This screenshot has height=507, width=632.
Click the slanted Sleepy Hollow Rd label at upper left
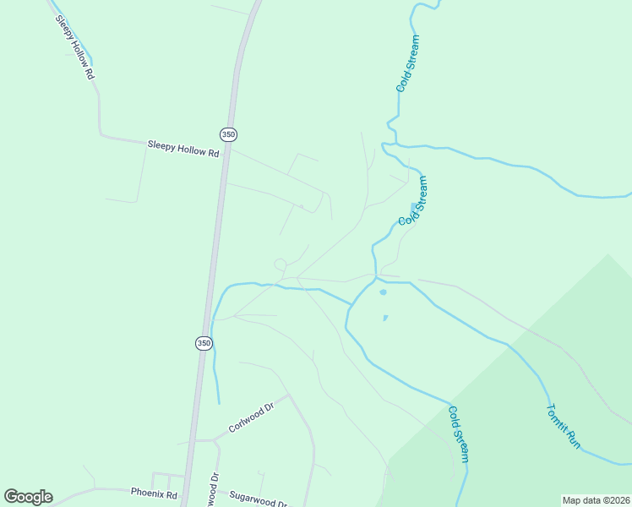coord(74,47)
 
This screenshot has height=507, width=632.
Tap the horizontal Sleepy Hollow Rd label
coord(183,148)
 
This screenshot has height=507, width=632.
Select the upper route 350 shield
coord(228,134)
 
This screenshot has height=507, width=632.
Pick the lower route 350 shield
coord(204,343)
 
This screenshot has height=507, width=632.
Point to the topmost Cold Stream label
coord(407,63)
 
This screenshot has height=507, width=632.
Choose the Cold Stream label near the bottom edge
coord(458,434)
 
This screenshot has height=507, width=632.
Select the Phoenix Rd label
coord(154,493)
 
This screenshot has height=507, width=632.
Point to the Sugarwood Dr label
coord(259,500)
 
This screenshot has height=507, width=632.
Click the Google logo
coord(28,497)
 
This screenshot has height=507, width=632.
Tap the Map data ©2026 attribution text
coord(595,500)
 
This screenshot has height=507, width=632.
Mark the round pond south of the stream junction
coord(383,292)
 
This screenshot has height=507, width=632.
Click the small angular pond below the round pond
coord(385,318)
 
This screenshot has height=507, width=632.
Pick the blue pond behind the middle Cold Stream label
coord(412,207)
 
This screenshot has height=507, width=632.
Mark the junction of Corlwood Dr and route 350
coord(195,440)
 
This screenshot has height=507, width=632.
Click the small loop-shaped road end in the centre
coord(281,264)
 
